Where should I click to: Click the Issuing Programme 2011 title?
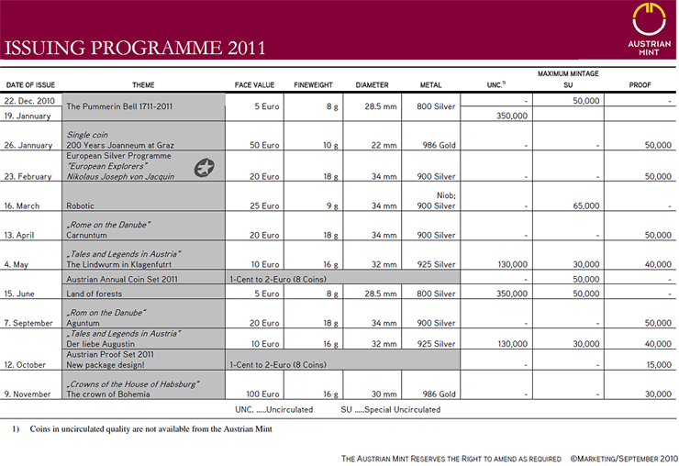pyautogui.click(x=136, y=47)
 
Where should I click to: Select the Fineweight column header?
pyautogui.click(x=313, y=85)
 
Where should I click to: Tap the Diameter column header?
pyautogui.click(x=372, y=85)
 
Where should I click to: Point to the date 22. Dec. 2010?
pyautogui.click(x=31, y=101)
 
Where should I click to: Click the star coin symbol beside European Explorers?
pyautogui.click(x=205, y=166)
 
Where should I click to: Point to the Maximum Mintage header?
pyautogui.click(x=568, y=73)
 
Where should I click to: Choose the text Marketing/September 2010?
pyautogui.click(x=623, y=456)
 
